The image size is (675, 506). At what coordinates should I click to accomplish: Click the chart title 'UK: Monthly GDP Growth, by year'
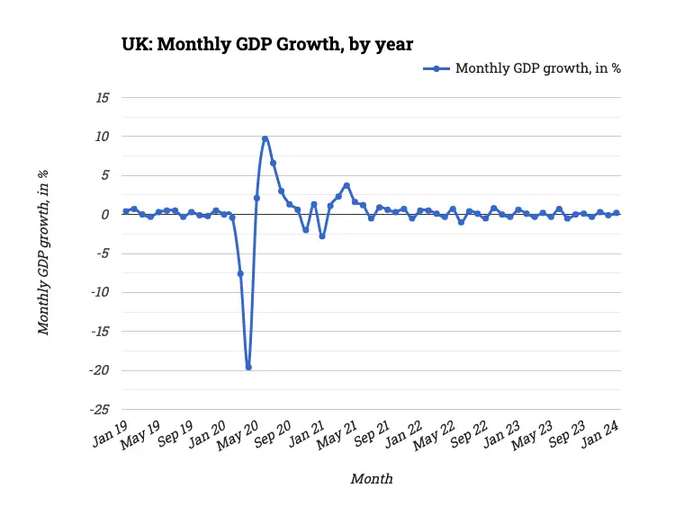[x=267, y=44]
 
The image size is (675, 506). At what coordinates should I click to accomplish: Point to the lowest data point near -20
[x=248, y=367]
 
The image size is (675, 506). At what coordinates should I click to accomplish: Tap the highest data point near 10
[x=265, y=139]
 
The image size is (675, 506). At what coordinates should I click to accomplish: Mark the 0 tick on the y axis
[x=104, y=214]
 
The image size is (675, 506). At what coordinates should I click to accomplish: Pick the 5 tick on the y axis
[x=104, y=175]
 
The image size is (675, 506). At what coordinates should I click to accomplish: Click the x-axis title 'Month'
[x=371, y=478]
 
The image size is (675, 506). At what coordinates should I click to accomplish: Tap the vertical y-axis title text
[x=43, y=252]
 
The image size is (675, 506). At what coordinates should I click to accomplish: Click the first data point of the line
[x=126, y=211]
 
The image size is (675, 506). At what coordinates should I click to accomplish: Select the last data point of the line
[x=616, y=213]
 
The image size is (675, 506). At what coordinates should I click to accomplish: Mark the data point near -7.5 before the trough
[x=240, y=273]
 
